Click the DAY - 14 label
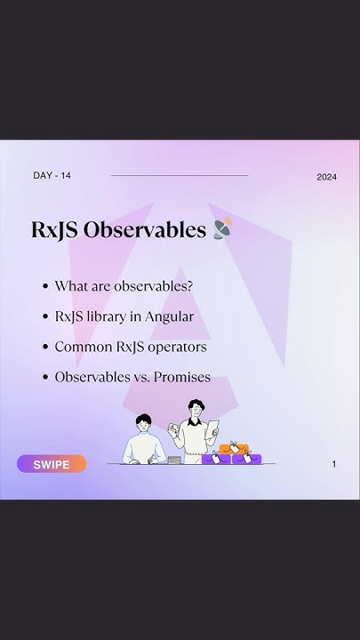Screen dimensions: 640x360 pyautogui.click(x=52, y=175)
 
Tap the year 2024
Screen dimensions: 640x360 pyautogui.click(x=326, y=177)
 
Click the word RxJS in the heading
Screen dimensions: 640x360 pyautogui.click(x=53, y=230)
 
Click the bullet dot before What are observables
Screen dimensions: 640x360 pyautogui.click(x=44, y=286)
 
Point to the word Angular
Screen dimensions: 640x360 pyautogui.click(x=171, y=316)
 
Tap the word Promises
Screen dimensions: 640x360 pyautogui.click(x=182, y=377)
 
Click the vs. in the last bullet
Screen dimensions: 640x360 pyautogui.click(x=140, y=377)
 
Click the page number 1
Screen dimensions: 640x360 pyautogui.click(x=334, y=464)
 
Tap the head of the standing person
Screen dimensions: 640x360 pyautogui.click(x=195, y=408)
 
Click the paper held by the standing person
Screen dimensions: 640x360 pyautogui.click(x=212, y=431)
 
